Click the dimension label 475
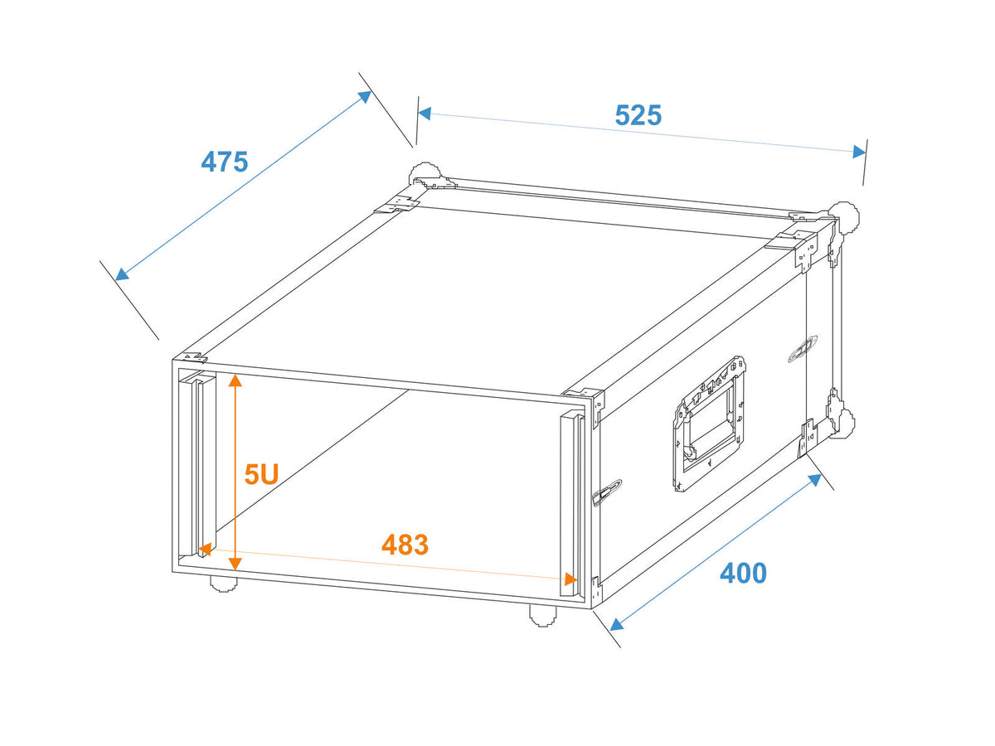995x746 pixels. pos(225,162)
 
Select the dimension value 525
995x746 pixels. pos(638,115)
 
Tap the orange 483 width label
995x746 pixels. pos(405,545)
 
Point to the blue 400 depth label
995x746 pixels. pos(743,573)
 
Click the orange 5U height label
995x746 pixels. pos(261,474)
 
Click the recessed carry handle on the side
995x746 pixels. pos(709,424)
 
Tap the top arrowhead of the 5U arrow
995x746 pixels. pos(235,380)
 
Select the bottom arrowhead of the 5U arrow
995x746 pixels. pos(235,564)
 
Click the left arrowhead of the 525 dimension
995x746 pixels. pos(425,114)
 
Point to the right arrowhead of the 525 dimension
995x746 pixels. pos(859,152)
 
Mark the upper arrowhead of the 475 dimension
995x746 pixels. pos(365,96)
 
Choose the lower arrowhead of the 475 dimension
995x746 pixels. pos(122,274)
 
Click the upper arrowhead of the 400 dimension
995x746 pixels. pos(814,479)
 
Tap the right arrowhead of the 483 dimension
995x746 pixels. pos(570,579)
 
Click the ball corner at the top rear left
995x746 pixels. pos(425,173)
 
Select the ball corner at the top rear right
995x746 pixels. pos(843,218)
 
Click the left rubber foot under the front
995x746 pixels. pos(224,584)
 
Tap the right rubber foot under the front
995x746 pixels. pos(543,616)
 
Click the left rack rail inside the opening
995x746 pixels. pos(197,463)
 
